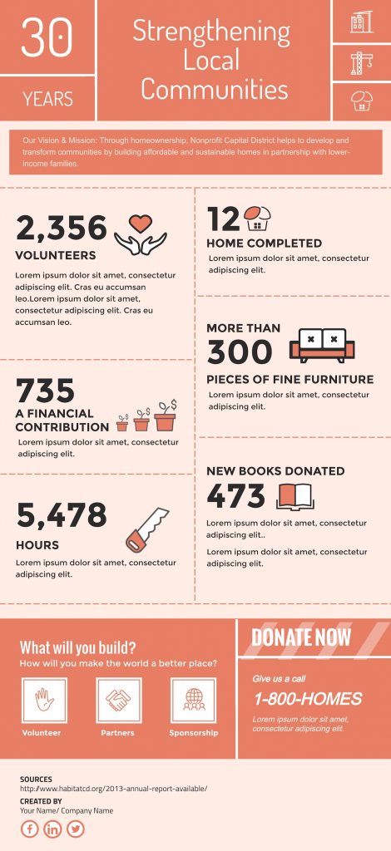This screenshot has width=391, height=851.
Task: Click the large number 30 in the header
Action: pos(47,37)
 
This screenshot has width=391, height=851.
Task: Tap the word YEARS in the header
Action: pos(47,100)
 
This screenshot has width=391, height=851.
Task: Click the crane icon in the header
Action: pos(361,61)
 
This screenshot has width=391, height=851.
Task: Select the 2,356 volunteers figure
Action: pos(62,228)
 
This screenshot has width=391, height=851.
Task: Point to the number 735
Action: pos(46,391)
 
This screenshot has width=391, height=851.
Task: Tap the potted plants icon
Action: pos(146,415)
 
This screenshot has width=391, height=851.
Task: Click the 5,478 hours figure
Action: pos(62,515)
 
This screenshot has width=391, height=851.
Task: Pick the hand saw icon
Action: pos(146,529)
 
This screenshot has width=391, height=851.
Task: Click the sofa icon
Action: pos(321,345)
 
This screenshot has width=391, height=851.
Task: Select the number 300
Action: pos(240,352)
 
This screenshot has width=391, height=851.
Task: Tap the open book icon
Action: pos(294,496)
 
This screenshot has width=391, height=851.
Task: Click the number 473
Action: pos(235,496)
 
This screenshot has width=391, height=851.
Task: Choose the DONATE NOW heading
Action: pos(301,637)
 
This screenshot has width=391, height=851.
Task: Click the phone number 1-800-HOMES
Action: pos(308,699)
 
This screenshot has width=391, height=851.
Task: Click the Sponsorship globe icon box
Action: pos(193,700)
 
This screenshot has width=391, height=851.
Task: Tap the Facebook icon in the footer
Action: pos(30,829)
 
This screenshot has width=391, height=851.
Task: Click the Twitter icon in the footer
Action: pos(76,829)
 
